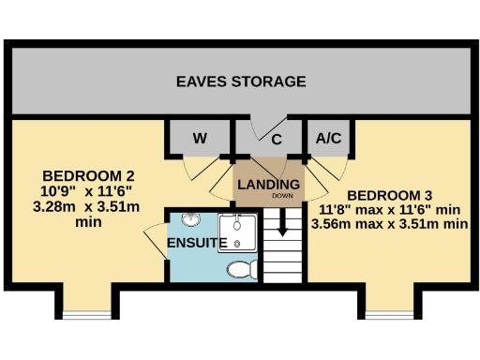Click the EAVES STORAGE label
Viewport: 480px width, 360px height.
[x=241, y=82]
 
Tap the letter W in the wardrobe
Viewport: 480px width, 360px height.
[x=199, y=139]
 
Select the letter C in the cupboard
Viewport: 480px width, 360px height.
[x=277, y=140]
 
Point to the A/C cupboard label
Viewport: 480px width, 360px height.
[x=328, y=139]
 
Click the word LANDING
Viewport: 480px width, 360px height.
[x=268, y=184]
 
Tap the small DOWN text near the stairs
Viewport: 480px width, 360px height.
[x=282, y=197]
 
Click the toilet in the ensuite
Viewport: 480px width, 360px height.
[x=243, y=270]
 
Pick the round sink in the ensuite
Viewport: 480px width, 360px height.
[x=191, y=221]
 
